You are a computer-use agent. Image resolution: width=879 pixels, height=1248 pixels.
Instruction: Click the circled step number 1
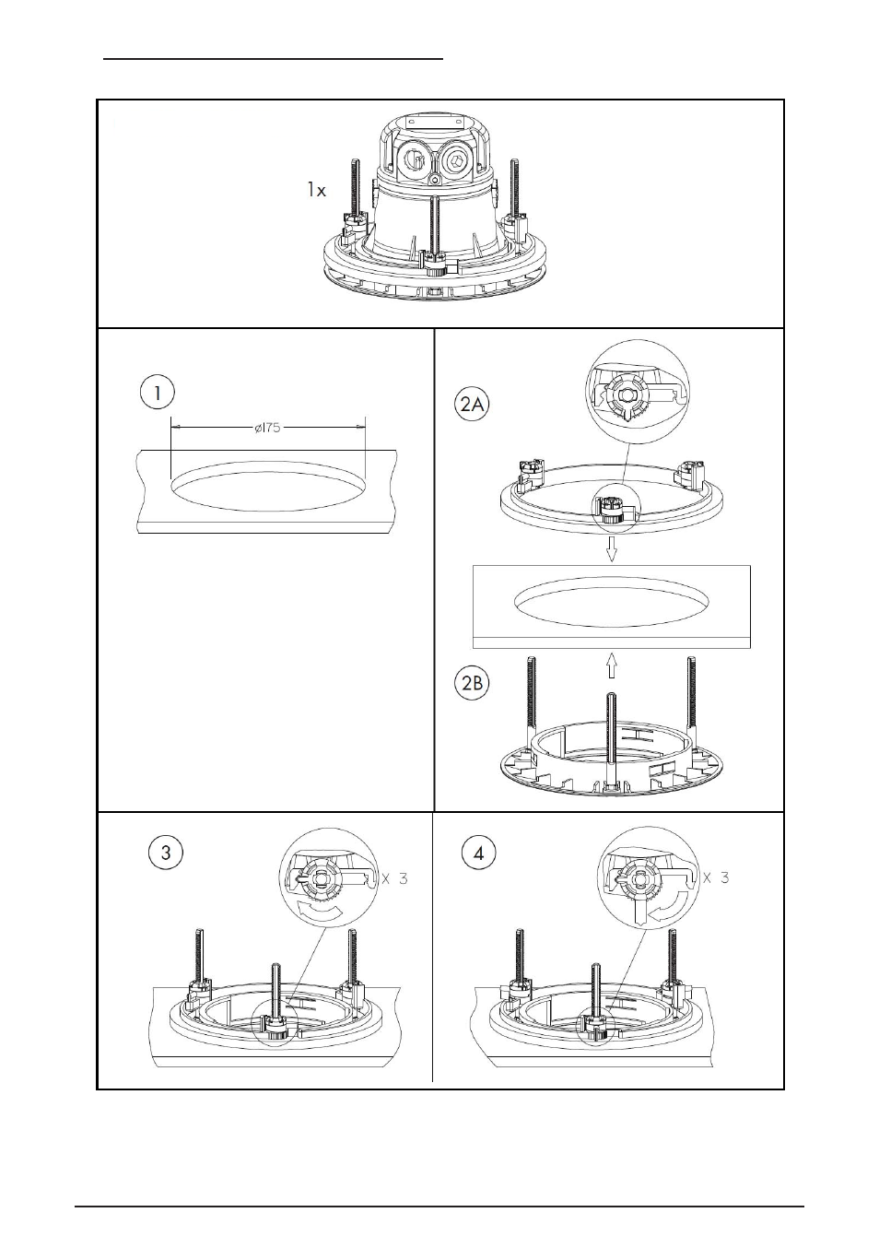(x=157, y=394)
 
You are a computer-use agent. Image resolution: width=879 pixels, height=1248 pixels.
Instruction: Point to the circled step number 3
(x=166, y=853)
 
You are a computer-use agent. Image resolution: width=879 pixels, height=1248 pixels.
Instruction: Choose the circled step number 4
(x=478, y=854)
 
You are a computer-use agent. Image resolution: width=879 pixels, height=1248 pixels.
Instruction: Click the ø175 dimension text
(x=268, y=428)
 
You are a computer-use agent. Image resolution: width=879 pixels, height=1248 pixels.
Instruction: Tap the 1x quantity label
(x=316, y=191)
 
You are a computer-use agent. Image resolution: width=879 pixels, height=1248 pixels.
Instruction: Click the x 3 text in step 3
(x=395, y=878)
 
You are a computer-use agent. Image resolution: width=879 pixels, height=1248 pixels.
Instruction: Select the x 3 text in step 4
(x=716, y=877)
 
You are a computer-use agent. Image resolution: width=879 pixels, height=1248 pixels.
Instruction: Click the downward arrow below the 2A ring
(x=612, y=551)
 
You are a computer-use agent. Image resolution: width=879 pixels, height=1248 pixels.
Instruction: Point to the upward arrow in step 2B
(x=612, y=665)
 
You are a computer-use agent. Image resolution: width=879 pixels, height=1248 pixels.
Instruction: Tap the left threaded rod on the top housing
(x=356, y=188)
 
